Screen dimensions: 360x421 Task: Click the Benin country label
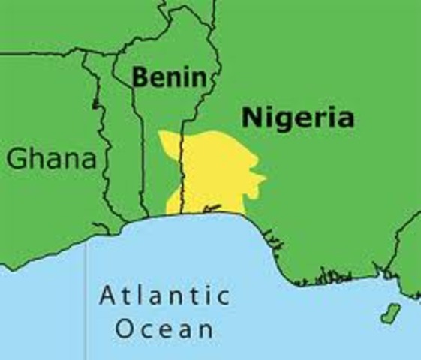pyautogui.click(x=167, y=76)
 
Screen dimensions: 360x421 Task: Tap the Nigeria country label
pyautogui.click(x=297, y=118)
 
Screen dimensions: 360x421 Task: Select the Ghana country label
pyautogui.click(x=51, y=159)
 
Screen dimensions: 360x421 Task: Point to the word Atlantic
pyautogui.click(x=164, y=295)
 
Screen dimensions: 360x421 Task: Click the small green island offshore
pyautogui.click(x=389, y=313)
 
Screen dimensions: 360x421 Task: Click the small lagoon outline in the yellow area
pyautogui.click(x=212, y=208)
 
